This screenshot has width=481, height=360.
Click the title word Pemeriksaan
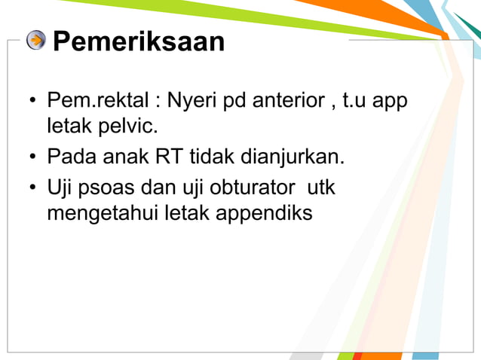(138, 41)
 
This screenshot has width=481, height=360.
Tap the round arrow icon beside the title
(35, 40)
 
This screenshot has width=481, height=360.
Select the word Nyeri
(190, 100)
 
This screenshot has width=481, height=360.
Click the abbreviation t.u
(355, 100)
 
